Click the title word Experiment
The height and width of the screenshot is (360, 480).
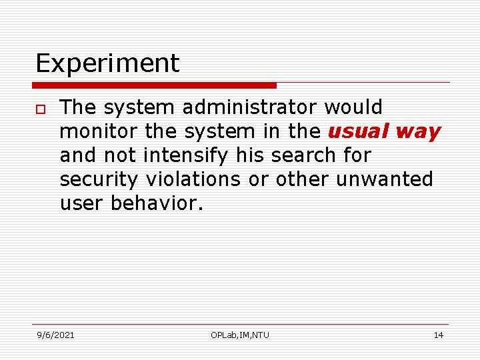point(107,64)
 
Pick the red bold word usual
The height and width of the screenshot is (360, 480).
point(358,131)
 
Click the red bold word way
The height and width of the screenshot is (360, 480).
point(418,131)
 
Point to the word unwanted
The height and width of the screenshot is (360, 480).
point(385,179)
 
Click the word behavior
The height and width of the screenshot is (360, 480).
point(157,203)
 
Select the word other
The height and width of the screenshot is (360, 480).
point(303,179)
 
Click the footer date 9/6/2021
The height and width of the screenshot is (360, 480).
point(55,335)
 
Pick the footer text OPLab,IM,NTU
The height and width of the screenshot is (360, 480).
point(240,335)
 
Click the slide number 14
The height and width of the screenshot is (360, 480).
point(438,335)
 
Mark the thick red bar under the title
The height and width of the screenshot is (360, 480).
point(154,85)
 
